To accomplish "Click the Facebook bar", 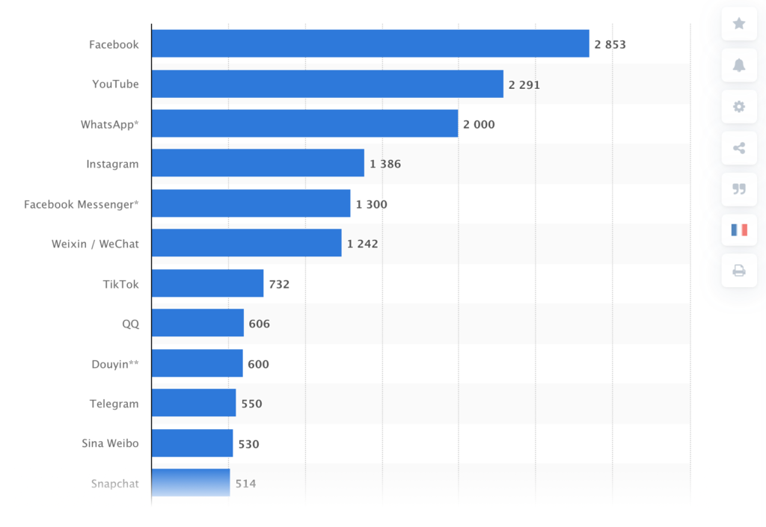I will pos(370,43).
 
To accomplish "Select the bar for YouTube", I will pos(327,84).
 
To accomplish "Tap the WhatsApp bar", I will pos(304,123).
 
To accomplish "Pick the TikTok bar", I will pos(207,283).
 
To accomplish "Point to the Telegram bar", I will pos(194,403).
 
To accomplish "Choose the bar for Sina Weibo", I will pos(192,443).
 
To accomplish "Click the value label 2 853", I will pos(610,44).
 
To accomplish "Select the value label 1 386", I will pos(385,164).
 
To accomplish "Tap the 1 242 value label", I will pos(362,244).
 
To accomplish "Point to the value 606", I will pos(259,324).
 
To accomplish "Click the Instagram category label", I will pos(112,164).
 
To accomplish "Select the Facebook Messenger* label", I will pos(81,204).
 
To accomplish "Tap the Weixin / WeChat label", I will pos(95,244).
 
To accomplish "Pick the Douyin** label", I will pos(114,364).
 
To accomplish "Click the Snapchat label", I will pos(115,484).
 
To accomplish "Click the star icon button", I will pos(739,24).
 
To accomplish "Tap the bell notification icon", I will pos(739,65).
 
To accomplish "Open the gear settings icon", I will pos(739,106).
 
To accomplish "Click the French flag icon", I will pos(739,229).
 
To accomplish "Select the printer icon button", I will pos(739,271).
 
